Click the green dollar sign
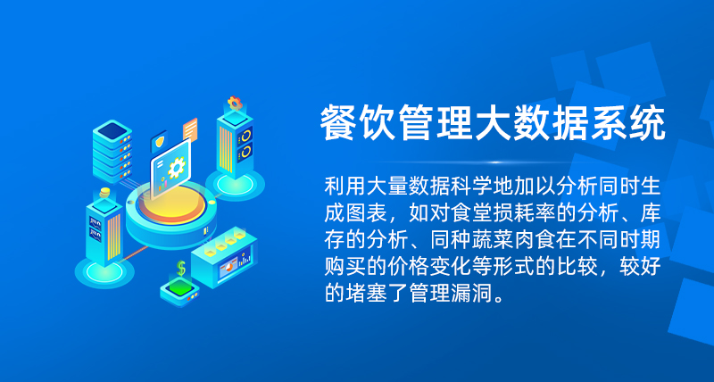(x=181, y=268)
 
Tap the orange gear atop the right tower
(x=235, y=103)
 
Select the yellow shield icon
(x=160, y=142)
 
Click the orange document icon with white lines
(x=190, y=129)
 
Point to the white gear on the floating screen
(x=176, y=167)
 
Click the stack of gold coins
(x=104, y=192)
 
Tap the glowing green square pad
(x=181, y=287)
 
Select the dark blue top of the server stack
(x=112, y=130)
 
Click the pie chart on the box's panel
(x=228, y=268)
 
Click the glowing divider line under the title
(x=494, y=162)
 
